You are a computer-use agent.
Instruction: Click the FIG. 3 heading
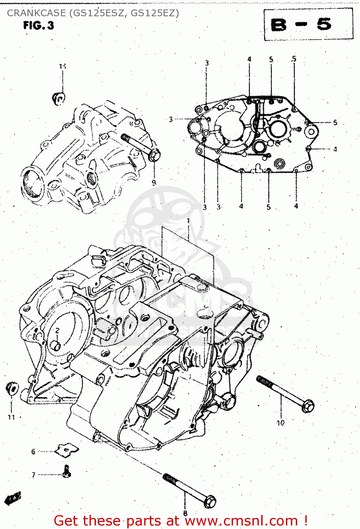pyautogui.click(x=38, y=25)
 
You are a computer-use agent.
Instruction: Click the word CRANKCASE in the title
pyautogui.click(x=36, y=13)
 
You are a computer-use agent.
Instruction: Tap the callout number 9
pyautogui.click(x=154, y=182)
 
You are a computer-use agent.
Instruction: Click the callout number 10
pyautogui.click(x=280, y=422)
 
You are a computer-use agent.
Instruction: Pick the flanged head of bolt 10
pyautogui.click(x=308, y=406)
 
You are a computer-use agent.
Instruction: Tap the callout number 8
pyautogui.click(x=185, y=513)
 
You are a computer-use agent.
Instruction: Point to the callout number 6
pyautogui.click(x=33, y=451)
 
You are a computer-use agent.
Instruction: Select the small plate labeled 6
pyautogui.click(x=66, y=450)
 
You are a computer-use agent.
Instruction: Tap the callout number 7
pyautogui.click(x=33, y=475)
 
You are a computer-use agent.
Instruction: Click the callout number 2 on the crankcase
pyautogui.click(x=57, y=330)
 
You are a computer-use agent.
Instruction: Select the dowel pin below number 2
pyautogui.click(x=55, y=345)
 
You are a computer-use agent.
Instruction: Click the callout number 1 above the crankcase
pyautogui.click(x=189, y=221)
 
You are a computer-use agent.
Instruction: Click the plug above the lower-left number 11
pyautogui.click(x=12, y=388)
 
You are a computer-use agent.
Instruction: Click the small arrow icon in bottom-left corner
pyautogui.click(x=13, y=498)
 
